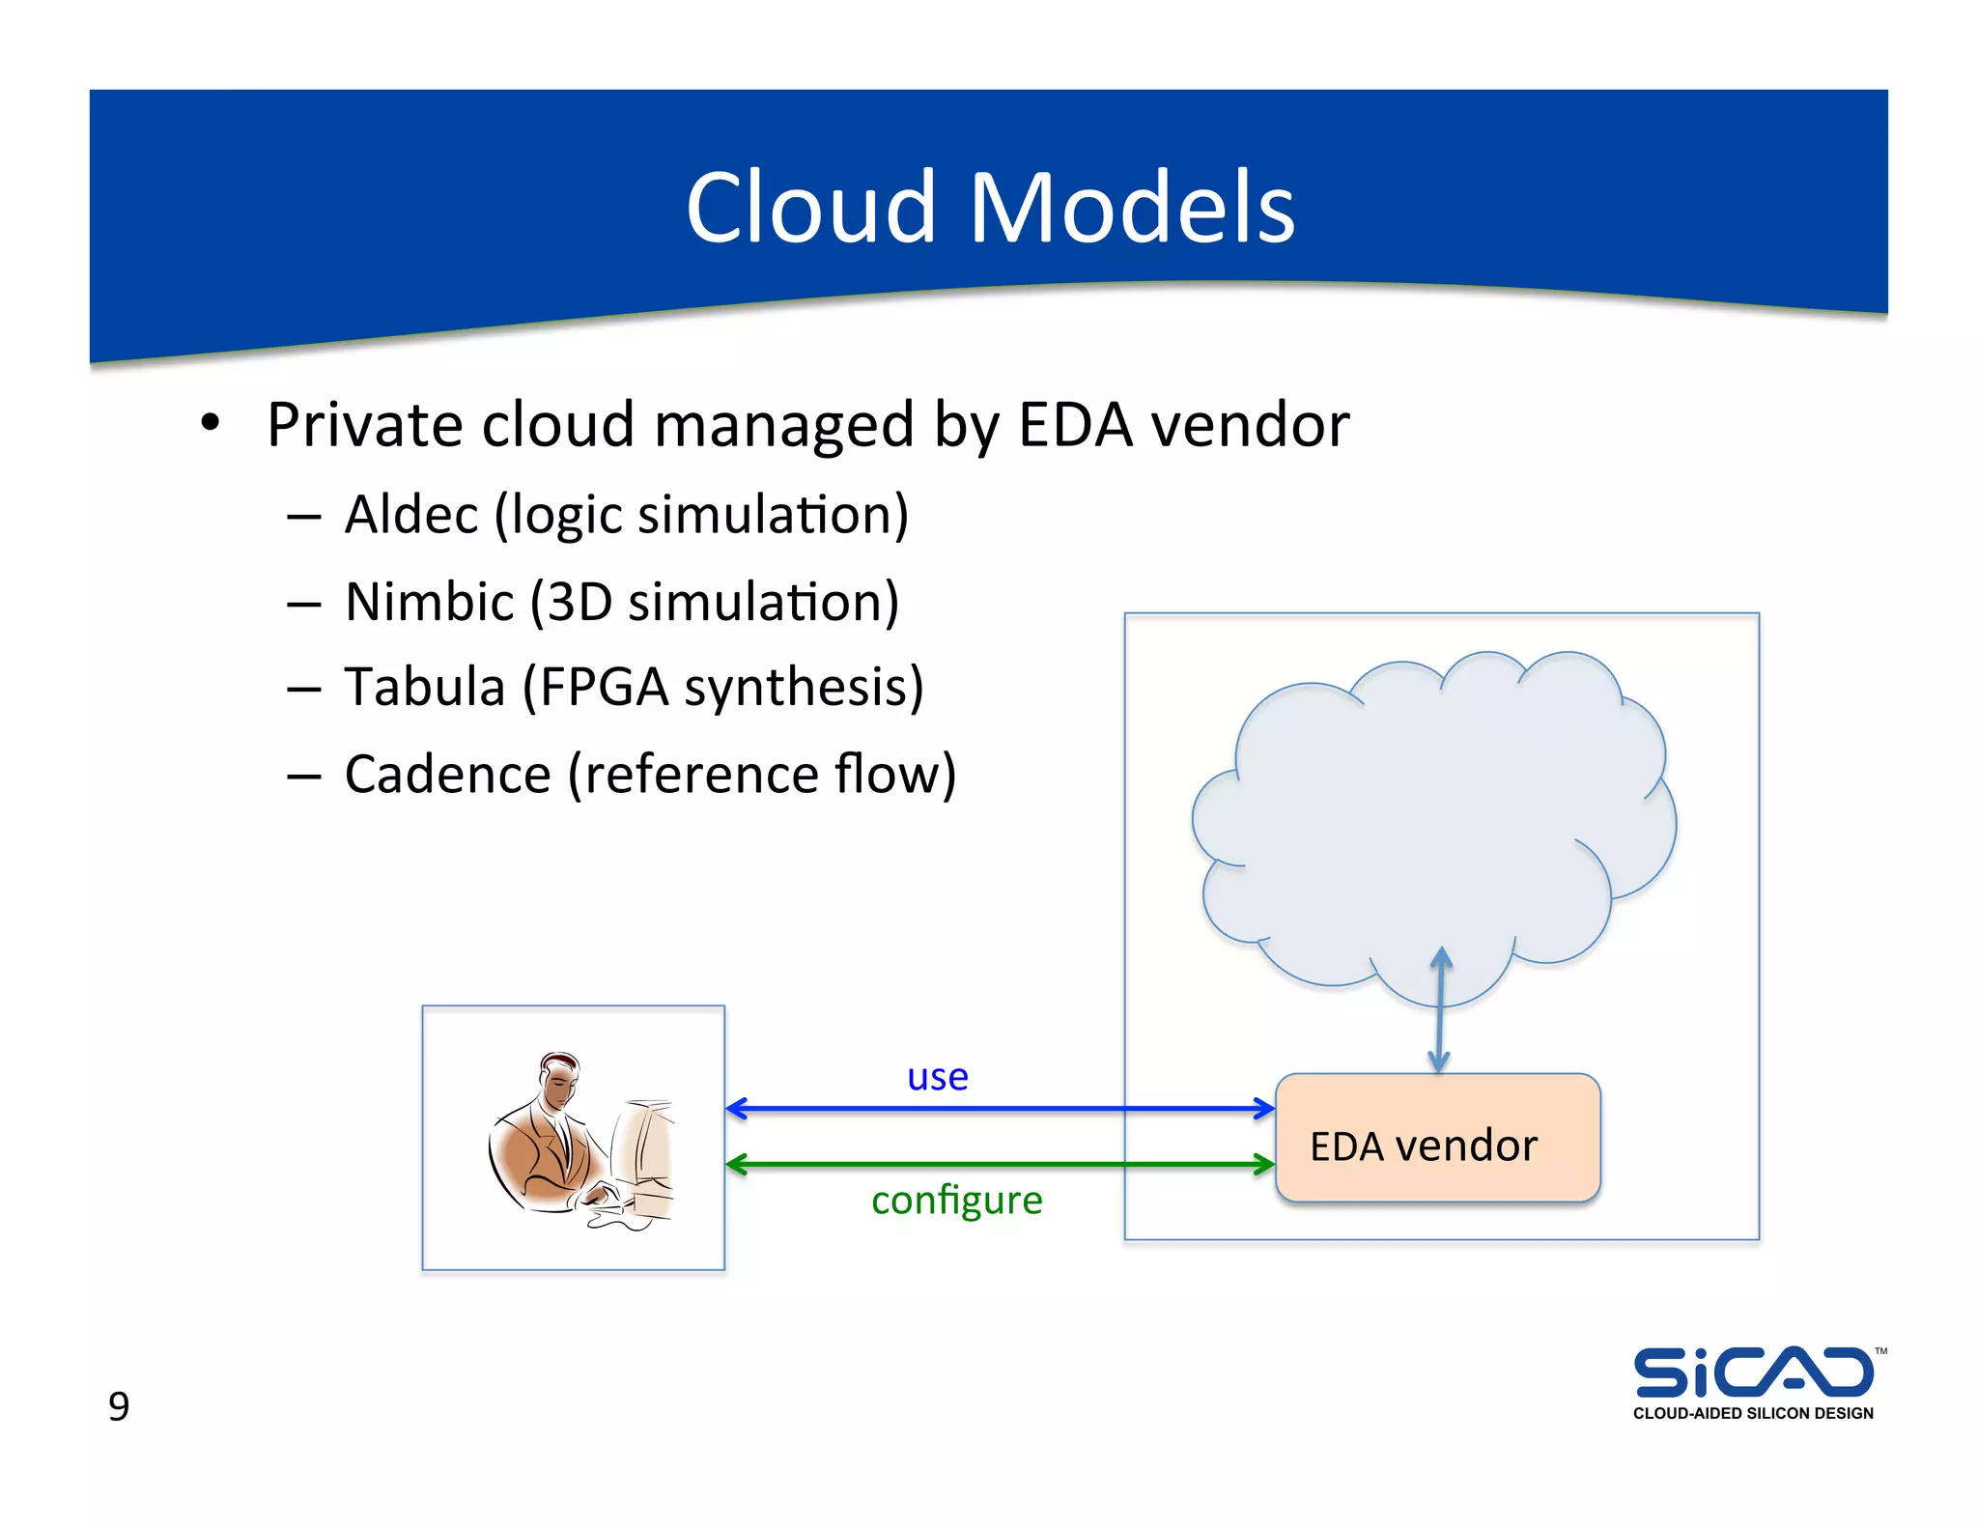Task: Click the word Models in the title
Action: [x=1131, y=208]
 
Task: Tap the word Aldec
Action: [x=411, y=515]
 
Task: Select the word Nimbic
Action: [x=429, y=602]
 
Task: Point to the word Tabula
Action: [x=425, y=688]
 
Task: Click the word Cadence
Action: [x=447, y=775]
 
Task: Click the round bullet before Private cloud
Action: [x=211, y=423]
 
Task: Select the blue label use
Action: [x=937, y=1076]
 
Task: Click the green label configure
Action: [x=956, y=1201]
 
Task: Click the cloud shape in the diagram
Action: [x=1429, y=811]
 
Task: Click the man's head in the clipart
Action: [x=560, y=1080]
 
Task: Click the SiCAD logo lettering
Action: [x=1753, y=1372]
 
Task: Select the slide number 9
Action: [x=118, y=1406]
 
